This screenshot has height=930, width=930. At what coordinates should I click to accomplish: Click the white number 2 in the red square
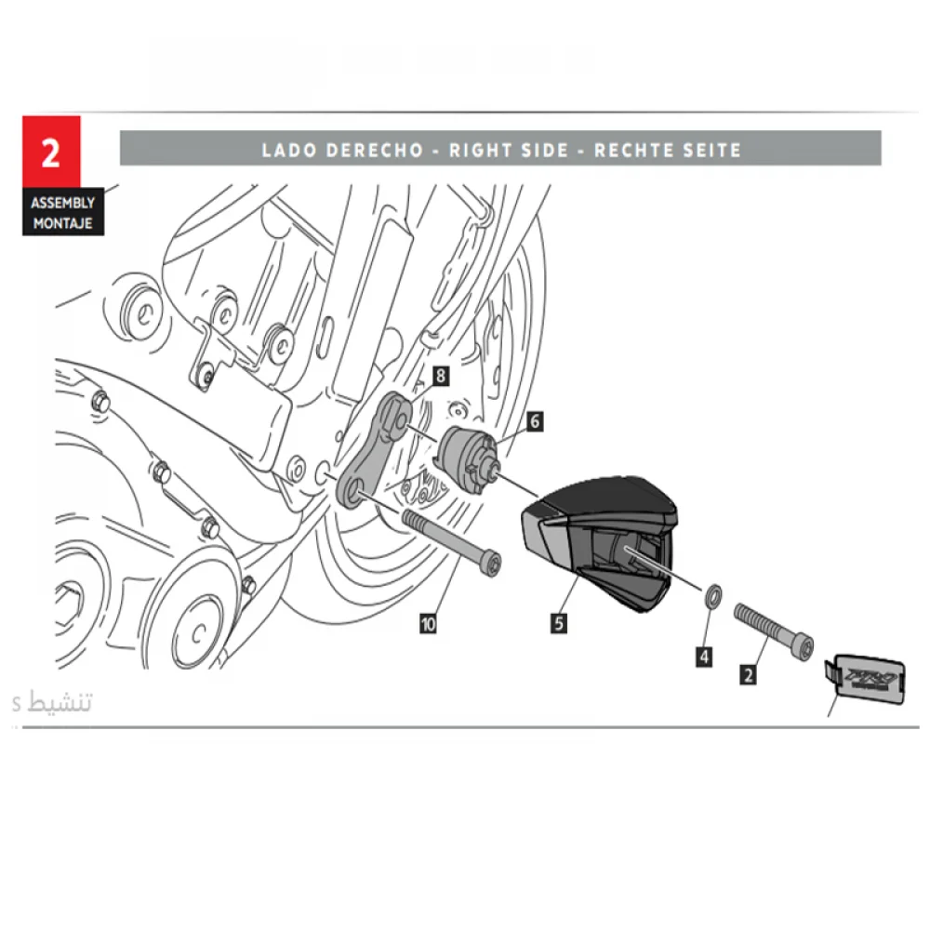coord(50,153)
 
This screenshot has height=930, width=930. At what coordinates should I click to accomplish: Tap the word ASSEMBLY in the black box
coord(62,202)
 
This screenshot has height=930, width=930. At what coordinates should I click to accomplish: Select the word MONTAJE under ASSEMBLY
coord(62,223)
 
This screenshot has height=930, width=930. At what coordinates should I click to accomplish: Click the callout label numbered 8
coord(441,376)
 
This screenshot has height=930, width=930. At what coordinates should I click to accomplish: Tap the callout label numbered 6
coord(535,421)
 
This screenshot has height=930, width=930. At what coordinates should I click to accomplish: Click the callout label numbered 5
coord(558,623)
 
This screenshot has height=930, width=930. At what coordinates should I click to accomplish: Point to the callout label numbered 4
coord(704,657)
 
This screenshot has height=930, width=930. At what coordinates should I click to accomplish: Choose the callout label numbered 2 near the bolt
coord(748,673)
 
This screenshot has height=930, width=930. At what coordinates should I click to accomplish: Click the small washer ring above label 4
coord(711,594)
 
